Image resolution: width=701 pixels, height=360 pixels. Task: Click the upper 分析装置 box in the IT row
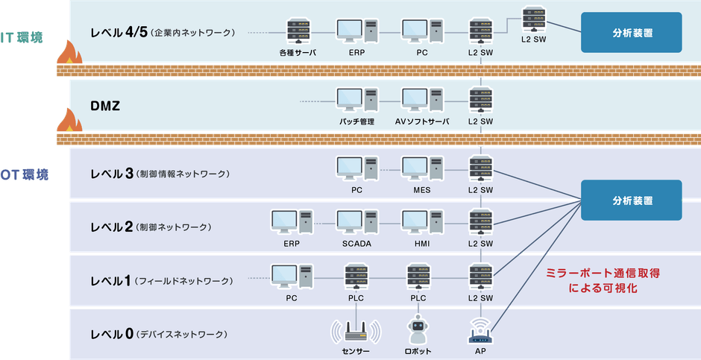[631, 32]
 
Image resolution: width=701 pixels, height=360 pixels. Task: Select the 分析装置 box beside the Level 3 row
[631, 200]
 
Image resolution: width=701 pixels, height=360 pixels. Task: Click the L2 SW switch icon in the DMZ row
[481, 101]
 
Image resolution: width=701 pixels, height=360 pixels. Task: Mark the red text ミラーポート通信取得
[603, 274]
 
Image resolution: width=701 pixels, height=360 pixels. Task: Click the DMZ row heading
[105, 107]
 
